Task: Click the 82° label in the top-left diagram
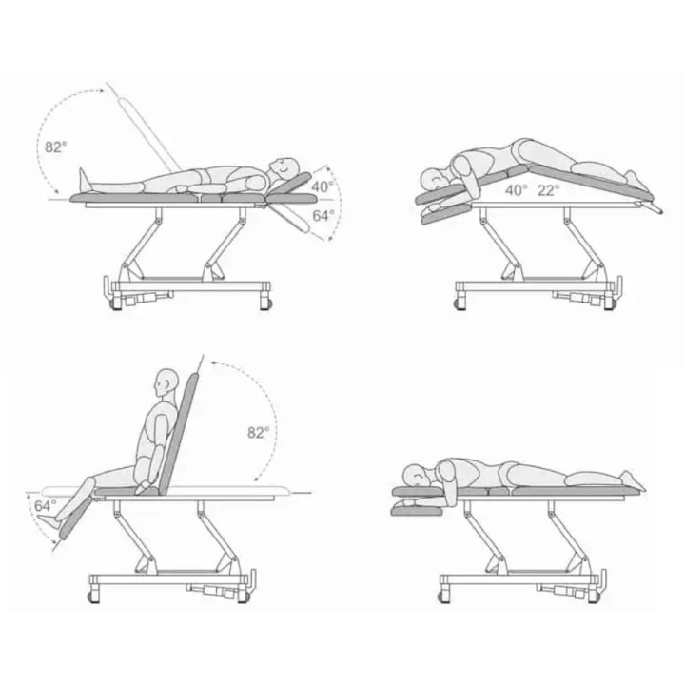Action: [x=56, y=147]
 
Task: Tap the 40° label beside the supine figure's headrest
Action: [x=323, y=186]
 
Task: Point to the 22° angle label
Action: [x=548, y=190]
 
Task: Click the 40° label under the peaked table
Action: [x=517, y=190]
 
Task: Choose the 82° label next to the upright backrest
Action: [x=259, y=433]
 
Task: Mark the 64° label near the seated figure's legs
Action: [x=46, y=506]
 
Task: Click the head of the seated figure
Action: [x=166, y=382]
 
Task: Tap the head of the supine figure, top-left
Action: [x=284, y=168]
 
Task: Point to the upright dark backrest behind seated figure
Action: [x=178, y=434]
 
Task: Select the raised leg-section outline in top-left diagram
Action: [x=149, y=134]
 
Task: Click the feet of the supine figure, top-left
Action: [x=84, y=180]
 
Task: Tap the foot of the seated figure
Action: [x=48, y=519]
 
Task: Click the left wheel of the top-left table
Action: [x=116, y=303]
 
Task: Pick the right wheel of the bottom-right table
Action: [x=593, y=597]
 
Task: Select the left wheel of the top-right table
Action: [x=460, y=303]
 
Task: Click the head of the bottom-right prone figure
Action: [x=417, y=477]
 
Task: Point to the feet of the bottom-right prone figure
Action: [x=633, y=480]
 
